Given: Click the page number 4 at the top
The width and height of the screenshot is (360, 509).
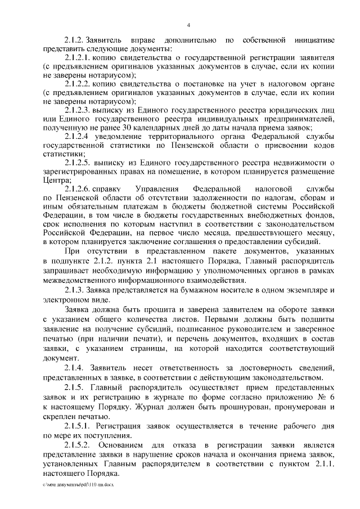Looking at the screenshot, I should pos(188,24).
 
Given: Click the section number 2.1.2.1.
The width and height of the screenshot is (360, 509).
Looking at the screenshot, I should pos(79,57).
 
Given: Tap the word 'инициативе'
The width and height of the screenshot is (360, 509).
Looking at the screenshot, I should pos(314,40).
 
